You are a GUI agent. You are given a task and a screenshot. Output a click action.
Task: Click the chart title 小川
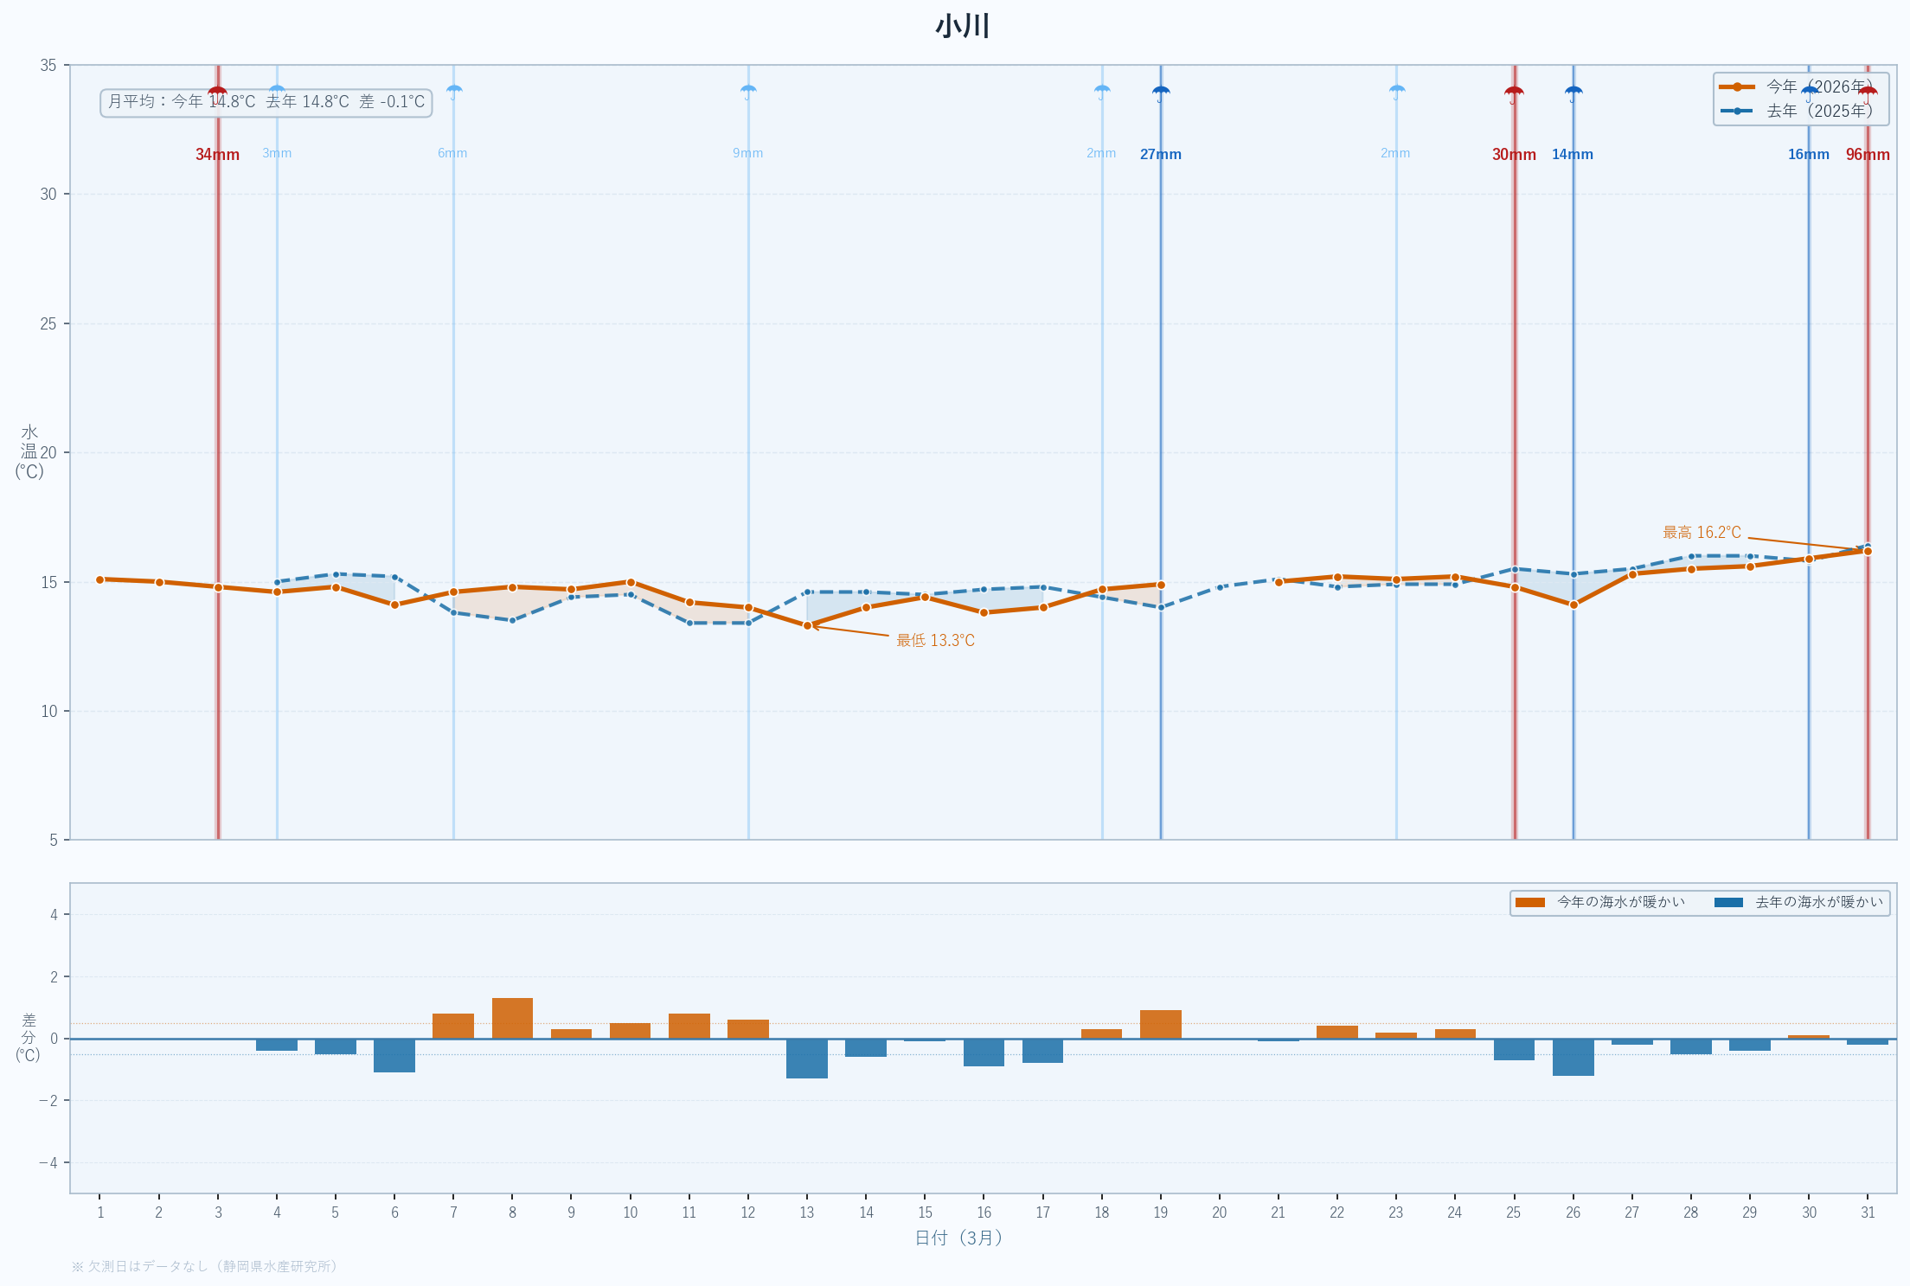pyautogui.click(x=962, y=26)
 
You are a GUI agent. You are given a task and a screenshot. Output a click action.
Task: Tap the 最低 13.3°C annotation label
pyautogui.click(x=935, y=641)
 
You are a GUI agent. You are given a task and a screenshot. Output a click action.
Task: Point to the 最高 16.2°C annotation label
pyautogui.click(x=1702, y=533)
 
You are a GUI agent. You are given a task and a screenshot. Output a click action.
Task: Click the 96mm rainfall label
pyautogui.click(x=1868, y=155)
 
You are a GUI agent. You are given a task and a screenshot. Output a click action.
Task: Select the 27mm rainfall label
pyautogui.click(x=1160, y=155)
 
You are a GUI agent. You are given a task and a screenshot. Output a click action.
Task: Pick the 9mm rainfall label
pyautogui.click(x=748, y=154)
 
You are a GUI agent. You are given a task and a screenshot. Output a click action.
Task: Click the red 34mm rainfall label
pyautogui.click(x=217, y=155)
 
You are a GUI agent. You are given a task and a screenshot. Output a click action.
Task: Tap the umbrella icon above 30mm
pyautogui.click(x=1514, y=93)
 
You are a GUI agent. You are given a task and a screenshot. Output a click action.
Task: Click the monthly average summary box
pyautogui.click(x=266, y=102)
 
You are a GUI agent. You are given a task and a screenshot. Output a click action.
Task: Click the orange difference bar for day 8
pyautogui.click(x=512, y=1018)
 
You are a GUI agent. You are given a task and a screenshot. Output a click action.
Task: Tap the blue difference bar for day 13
pyautogui.click(x=807, y=1059)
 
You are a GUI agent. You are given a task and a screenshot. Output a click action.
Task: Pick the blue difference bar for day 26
pyautogui.click(x=1573, y=1057)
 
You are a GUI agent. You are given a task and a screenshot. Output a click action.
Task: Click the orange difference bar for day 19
pyautogui.click(x=1161, y=1024)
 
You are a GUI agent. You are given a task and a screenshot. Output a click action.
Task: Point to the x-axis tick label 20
pyautogui.click(x=1219, y=1212)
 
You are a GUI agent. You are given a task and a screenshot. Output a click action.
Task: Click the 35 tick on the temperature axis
pyautogui.click(x=48, y=66)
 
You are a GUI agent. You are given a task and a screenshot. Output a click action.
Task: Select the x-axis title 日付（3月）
pyautogui.click(x=958, y=1238)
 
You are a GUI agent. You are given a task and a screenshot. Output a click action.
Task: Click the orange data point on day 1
pyautogui.click(x=100, y=579)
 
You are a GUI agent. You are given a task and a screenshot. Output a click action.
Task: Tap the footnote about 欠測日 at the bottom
pyautogui.click(x=205, y=1266)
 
